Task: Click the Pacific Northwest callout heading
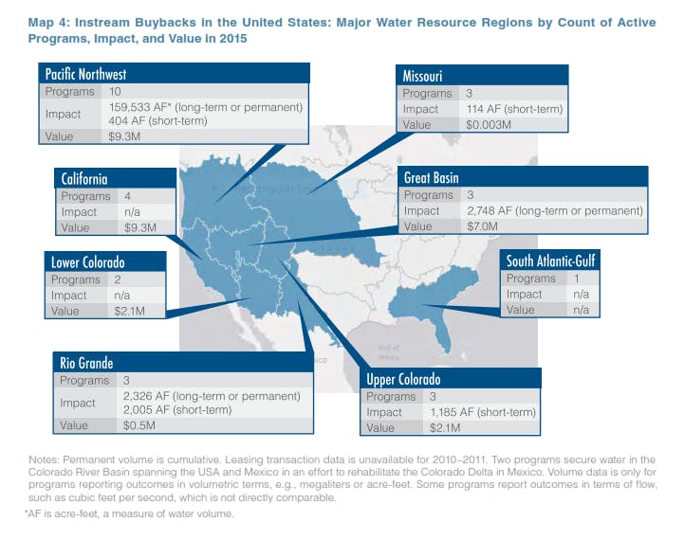click(86, 74)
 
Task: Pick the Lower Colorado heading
click(86, 262)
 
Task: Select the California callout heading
click(84, 179)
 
